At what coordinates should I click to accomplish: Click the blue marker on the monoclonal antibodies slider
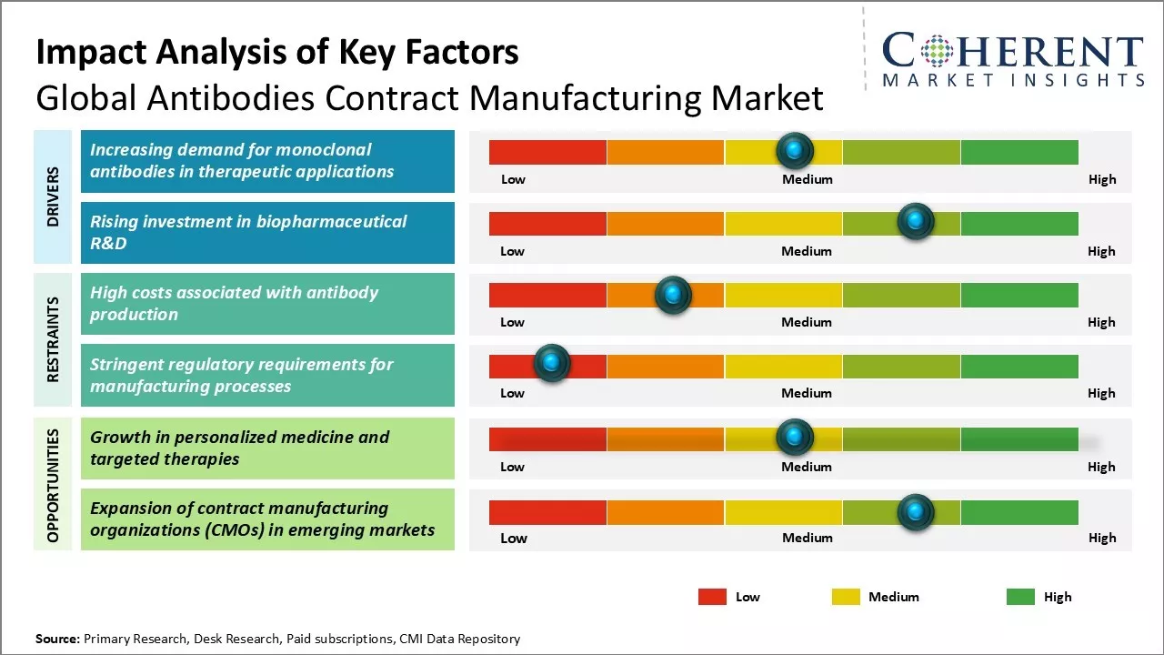coord(795,150)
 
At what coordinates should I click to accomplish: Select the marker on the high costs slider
coord(673,294)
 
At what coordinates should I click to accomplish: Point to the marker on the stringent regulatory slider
coord(551,364)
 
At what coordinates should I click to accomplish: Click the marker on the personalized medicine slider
coord(795,438)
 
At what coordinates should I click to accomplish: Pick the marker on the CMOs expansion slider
coord(915,512)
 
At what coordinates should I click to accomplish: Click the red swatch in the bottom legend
coord(712,597)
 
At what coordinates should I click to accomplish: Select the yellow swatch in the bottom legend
coord(846,597)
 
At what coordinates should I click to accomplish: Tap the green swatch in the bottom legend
coord(1020,597)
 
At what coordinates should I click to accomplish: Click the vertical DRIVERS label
coord(53,196)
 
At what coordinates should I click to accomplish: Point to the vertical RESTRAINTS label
coord(53,339)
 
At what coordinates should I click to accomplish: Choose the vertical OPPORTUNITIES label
coord(53,485)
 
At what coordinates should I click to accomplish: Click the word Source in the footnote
coord(56,639)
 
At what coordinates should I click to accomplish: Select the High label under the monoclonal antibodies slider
coord(1102,179)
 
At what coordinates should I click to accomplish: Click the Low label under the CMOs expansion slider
coord(514,538)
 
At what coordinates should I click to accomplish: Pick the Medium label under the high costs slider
coord(807,322)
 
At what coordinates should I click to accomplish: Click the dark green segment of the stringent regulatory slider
coord(1018,366)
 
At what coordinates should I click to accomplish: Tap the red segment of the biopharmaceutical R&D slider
coord(547,223)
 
